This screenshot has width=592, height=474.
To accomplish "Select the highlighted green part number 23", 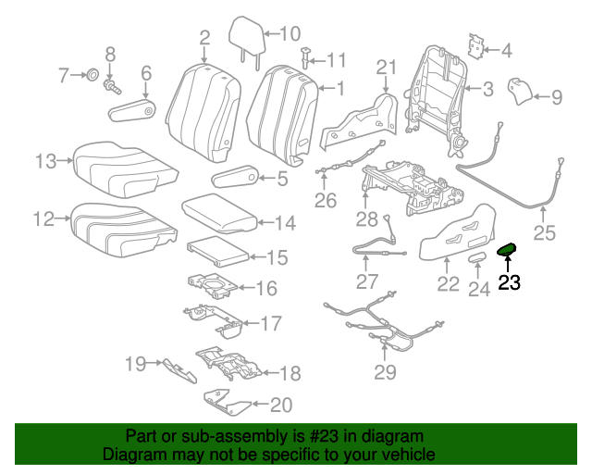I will click(x=508, y=249).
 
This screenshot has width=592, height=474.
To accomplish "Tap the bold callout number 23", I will click(x=509, y=283).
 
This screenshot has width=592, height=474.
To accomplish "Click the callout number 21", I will click(x=386, y=68).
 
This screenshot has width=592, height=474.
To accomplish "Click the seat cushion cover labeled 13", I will click(x=120, y=165).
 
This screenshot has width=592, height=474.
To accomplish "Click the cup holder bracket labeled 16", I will click(x=210, y=285).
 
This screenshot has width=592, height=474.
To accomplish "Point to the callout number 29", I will click(x=384, y=372).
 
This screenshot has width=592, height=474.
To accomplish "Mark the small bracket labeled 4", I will click(x=478, y=47).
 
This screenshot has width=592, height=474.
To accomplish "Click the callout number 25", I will click(x=544, y=233).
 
